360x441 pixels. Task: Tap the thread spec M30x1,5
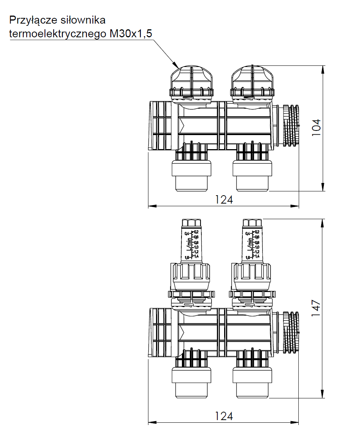point(131,34)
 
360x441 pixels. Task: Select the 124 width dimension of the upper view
point(224,200)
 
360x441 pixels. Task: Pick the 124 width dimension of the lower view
point(224,416)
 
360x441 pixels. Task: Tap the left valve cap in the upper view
point(191,82)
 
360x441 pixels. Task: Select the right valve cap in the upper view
point(252,82)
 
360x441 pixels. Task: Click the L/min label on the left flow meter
point(189,244)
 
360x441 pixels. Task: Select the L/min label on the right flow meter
point(250,244)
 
